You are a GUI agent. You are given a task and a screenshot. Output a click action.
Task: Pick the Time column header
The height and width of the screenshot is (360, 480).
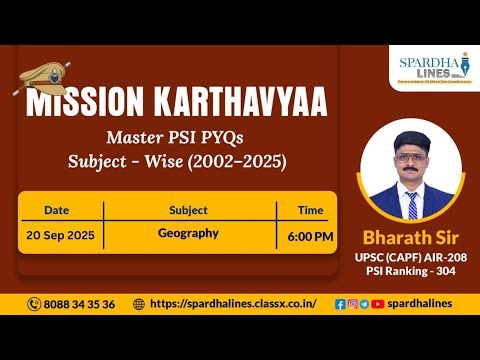pos(310,210)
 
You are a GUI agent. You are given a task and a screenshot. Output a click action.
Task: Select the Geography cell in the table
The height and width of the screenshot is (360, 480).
pos(188,233)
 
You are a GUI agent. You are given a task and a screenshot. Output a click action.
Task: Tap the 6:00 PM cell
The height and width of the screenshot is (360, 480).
pos(310,236)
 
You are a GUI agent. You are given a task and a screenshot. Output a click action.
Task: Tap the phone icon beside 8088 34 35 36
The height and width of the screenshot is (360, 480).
pos(35,304)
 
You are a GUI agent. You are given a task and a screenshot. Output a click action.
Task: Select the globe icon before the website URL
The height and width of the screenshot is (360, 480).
pos(138,304)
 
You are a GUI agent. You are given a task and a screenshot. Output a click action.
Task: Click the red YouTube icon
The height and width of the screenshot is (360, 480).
pos(377,304)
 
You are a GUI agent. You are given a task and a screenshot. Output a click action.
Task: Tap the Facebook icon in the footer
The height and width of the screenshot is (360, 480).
pos(340,304)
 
